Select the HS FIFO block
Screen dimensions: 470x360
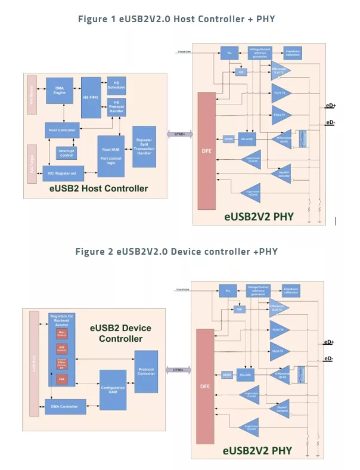coord(90,97)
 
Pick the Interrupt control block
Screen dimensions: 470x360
coord(66,153)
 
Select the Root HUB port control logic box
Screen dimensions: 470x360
coord(111,155)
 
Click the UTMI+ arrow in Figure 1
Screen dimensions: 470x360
coord(179,134)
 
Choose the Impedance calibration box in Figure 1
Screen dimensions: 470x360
coord(292,52)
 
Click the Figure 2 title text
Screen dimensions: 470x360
coord(176,251)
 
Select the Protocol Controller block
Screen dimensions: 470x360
coord(145,372)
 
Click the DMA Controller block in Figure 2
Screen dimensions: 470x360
coord(65,407)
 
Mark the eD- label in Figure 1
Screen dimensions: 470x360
coord(330,123)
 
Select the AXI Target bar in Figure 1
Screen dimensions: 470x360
coord(32,161)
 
